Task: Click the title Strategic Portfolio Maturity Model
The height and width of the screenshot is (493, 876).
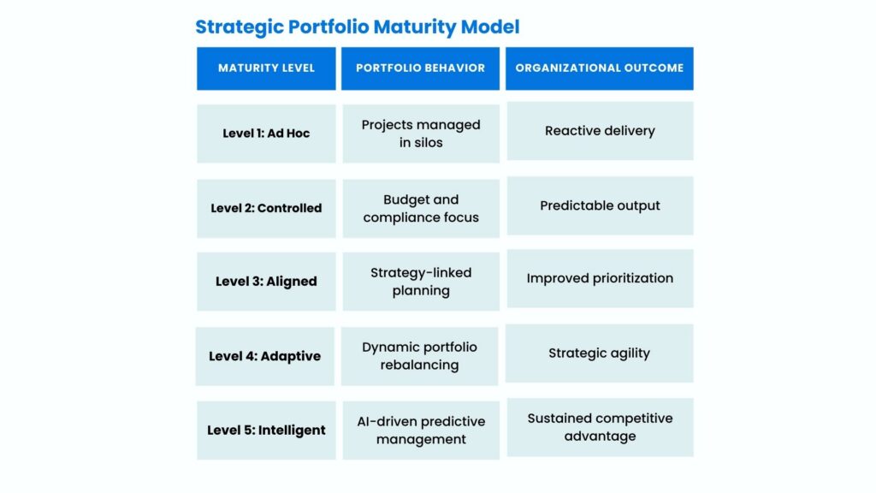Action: click(357, 27)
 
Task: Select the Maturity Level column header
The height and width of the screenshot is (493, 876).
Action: click(266, 68)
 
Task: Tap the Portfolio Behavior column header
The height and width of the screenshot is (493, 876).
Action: click(420, 68)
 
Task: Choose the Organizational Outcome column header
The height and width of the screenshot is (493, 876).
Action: click(600, 68)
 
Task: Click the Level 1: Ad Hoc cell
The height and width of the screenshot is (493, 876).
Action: click(266, 134)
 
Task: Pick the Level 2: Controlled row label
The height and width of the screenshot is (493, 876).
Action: click(266, 209)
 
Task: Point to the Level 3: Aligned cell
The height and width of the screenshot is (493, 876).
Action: click(266, 281)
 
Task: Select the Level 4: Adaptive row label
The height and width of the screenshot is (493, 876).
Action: click(265, 356)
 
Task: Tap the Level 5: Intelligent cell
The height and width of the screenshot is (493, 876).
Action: click(266, 430)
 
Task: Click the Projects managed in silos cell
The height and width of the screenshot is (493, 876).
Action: click(421, 134)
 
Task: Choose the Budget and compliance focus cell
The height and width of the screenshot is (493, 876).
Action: click(421, 209)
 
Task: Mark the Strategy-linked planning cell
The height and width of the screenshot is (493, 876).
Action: click(421, 281)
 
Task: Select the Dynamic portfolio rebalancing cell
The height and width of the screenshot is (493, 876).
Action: click(419, 356)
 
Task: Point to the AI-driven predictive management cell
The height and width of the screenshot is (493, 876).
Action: click(421, 430)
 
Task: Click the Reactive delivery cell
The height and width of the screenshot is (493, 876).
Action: click(600, 131)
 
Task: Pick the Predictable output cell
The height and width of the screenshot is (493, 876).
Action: click(600, 205)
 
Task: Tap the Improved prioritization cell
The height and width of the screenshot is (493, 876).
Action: click(600, 278)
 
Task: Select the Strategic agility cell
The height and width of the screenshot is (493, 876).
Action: click(600, 353)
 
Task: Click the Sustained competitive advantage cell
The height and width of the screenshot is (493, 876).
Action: click(600, 427)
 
